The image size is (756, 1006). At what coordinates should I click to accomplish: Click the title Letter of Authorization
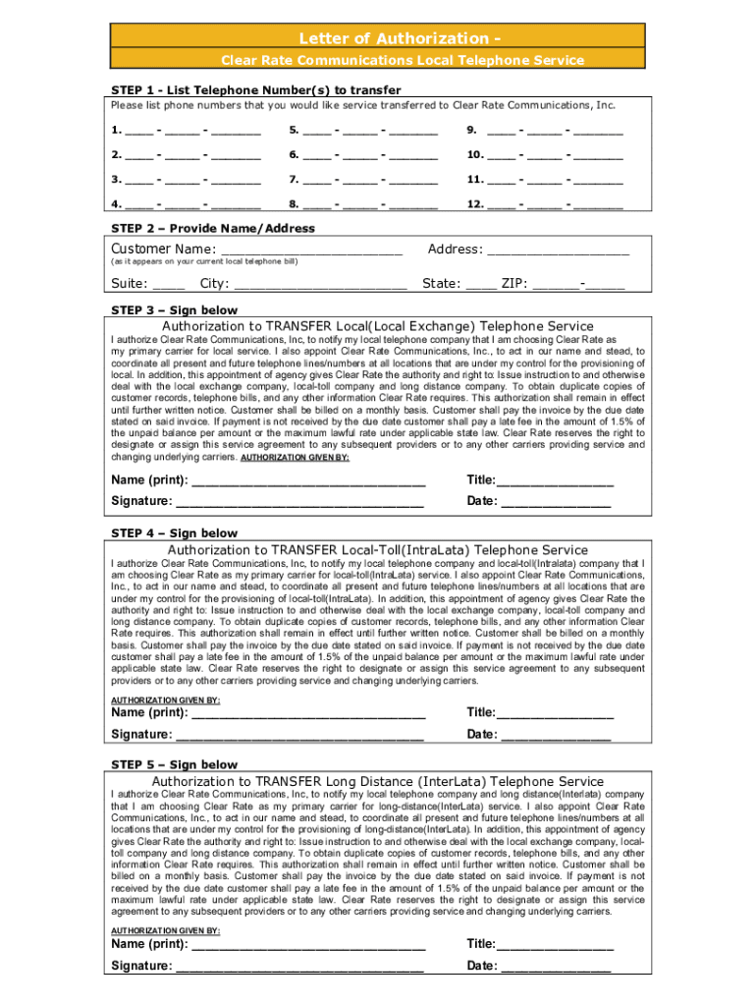click(x=377, y=38)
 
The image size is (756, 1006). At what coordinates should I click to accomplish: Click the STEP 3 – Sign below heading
click(x=174, y=308)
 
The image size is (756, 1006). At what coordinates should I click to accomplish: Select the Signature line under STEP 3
click(x=299, y=502)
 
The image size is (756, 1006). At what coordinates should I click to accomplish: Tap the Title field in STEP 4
click(x=555, y=712)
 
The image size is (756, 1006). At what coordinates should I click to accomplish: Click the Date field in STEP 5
click(x=556, y=966)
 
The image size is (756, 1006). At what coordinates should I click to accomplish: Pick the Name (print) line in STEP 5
click(x=308, y=944)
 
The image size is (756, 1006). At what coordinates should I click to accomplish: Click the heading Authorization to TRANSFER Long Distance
click(x=377, y=781)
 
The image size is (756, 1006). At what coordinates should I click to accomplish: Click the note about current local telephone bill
click(x=204, y=262)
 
